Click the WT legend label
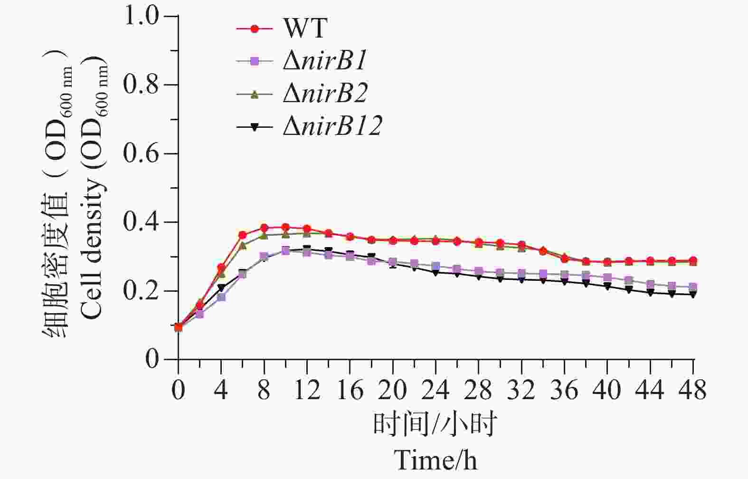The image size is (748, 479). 305,29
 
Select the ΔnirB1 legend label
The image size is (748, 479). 326,61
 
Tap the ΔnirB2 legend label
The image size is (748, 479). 326,94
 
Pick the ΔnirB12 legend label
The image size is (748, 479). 332,126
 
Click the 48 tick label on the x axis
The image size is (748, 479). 693,391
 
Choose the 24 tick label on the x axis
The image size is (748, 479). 436,391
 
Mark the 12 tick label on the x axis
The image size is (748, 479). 307,391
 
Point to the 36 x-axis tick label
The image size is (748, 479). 564,391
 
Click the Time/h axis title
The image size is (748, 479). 436,460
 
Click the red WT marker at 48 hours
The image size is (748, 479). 693,260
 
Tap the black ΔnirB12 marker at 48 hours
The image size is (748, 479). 693,295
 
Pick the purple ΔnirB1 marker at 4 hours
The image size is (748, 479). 221,297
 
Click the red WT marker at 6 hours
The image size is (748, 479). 243,235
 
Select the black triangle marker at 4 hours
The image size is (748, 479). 221,288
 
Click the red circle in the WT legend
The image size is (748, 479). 255,29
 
